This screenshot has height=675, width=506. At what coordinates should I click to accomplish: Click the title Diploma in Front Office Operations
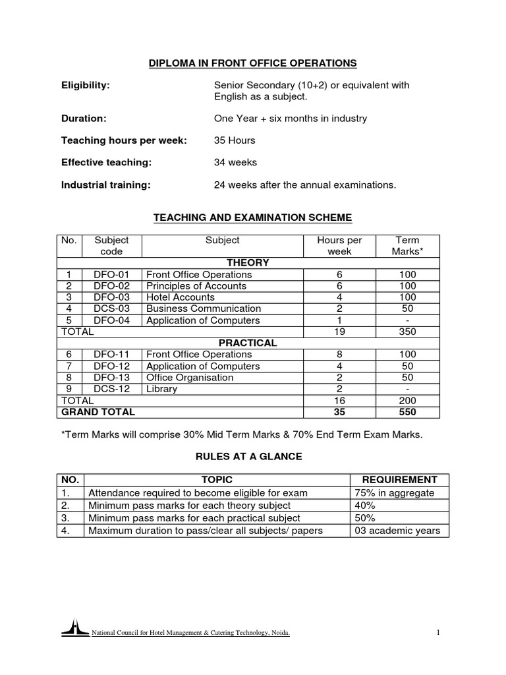pyautogui.click(x=252, y=63)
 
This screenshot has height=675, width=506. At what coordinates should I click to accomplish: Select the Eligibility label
pyautogui.click(x=85, y=85)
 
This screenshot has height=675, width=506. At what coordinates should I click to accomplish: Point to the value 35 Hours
pyautogui.click(x=235, y=140)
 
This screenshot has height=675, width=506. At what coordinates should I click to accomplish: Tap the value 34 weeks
pyautogui.click(x=235, y=162)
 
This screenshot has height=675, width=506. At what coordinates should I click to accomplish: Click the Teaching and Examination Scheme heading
pyautogui.click(x=252, y=217)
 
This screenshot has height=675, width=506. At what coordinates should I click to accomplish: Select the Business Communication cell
pyautogui.click(x=203, y=308)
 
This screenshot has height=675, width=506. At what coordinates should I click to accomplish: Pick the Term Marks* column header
pyautogui.click(x=405, y=246)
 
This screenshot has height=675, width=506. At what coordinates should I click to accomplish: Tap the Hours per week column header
pyautogui.click(x=339, y=246)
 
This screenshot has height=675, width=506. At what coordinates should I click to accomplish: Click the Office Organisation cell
pyautogui.click(x=190, y=378)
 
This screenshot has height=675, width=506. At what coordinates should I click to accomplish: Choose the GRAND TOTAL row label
pyautogui.click(x=98, y=412)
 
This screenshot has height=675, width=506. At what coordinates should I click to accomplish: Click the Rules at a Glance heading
pyautogui.click(x=252, y=457)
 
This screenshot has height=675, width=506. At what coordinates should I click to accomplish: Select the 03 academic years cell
pyautogui.click(x=397, y=530)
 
